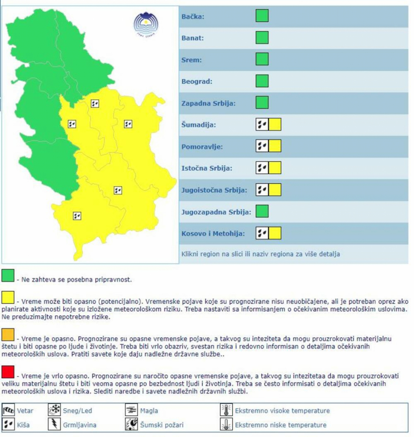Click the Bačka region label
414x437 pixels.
point(193,17)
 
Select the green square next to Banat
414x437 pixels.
point(262,38)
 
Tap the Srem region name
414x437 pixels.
point(191,60)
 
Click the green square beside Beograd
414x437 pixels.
point(262,81)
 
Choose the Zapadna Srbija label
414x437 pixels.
point(208,103)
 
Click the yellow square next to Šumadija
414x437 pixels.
point(275,124)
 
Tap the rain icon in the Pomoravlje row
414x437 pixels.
point(262,146)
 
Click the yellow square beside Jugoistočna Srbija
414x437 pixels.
point(275,190)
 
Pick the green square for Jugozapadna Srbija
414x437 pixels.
point(262,211)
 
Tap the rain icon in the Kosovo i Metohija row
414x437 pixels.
point(262,233)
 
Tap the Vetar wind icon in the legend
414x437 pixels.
point(9,410)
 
